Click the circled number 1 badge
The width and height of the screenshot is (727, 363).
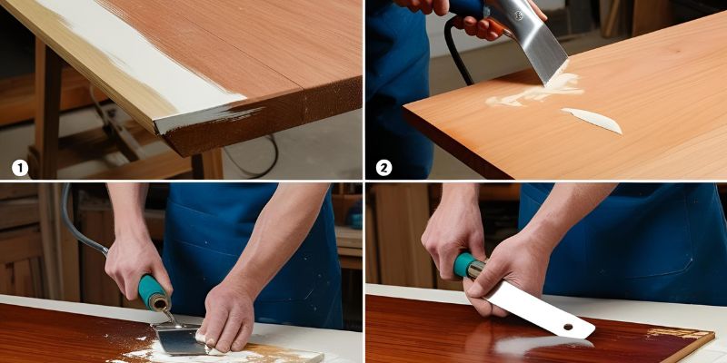(x=20, y=168)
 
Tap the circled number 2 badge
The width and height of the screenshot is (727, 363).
(x=384, y=168)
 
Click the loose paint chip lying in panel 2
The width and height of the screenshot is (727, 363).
(x=592, y=119)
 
